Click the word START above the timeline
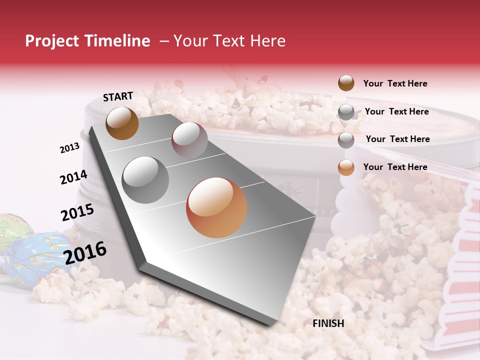pyautogui.click(x=118, y=96)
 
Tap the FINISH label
pyautogui.click(x=328, y=323)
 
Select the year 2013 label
pyautogui.click(x=69, y=148)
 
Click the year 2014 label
pyautogui.click(x=73, y=177)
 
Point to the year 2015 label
pyautogui.click(x=77, y=212)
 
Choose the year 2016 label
pyautogui.click(x=85, y=252)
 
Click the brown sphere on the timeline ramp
pyautogui.click(x=122, y=123)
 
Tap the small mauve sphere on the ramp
pyautogui.click(x=189, y=139)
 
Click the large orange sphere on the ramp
pyautogui.click(x=216, y=207)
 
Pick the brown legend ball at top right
pyautogui.click(x=346, y=83)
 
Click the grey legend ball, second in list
pyautogui.click(x=346, y=112)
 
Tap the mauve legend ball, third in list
pyautogui.click(x=346, y=139)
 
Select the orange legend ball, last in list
pyautogui.click(x=346, y=167)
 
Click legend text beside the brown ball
pyautogui.click(x=395, y=83)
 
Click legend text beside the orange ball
pyautogui.click(x=395, y=167)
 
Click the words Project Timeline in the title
pyautogui.click(x=87, y=41)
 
